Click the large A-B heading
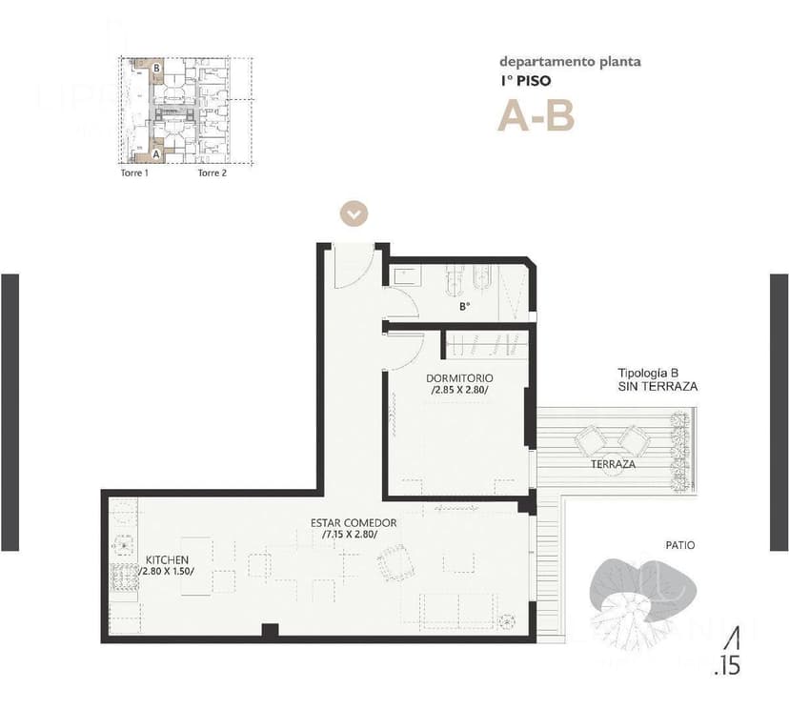click(536, 116)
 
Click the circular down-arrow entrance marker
click(354, 213)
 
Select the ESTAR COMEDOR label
click(354, 523)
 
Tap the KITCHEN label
click(167, 559)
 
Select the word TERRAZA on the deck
click(613, 464)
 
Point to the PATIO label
click(679, 545)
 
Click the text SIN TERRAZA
click(657, 387)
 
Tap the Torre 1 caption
click(133, 173)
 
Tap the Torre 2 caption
click(212, 173)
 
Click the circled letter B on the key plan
click(155, 68)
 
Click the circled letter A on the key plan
click(155, 152)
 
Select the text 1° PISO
click(525, 82)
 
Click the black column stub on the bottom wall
click(270, 631)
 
